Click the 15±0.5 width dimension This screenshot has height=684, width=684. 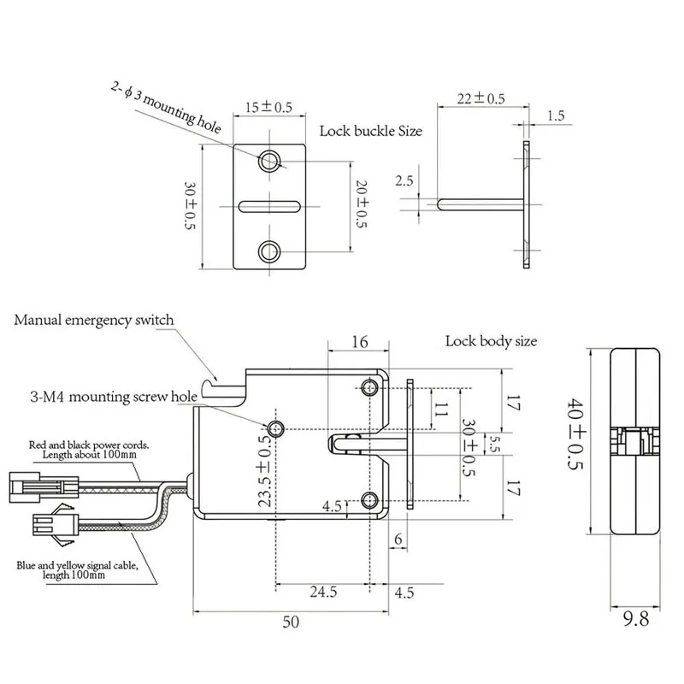point(269,107)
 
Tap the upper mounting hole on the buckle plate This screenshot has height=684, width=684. point(271,160)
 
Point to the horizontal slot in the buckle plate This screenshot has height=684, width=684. point(270,205)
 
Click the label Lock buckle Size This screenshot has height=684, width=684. point(370,132)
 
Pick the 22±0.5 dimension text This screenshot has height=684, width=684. point(480,98)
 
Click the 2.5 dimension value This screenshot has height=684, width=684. point(404,180)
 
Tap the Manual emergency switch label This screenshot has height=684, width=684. point(93,321)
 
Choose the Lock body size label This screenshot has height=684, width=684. point(491,341)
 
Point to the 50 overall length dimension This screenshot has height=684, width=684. point(291,622)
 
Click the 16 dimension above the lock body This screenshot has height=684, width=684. point(359,342)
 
